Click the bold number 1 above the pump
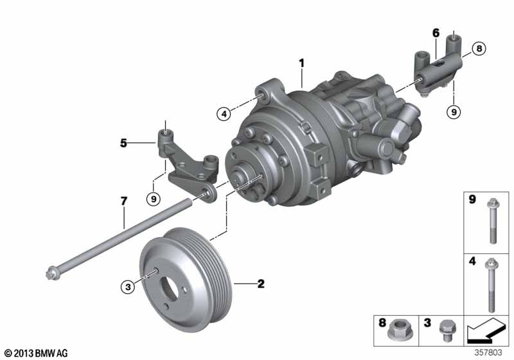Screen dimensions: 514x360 point(301,63)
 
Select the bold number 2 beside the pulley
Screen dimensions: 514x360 point(261,283)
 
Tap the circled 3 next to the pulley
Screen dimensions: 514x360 point(128,287)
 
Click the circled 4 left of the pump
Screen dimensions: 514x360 point(224,114)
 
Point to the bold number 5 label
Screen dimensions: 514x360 point(123,143)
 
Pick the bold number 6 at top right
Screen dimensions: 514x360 point(436,33)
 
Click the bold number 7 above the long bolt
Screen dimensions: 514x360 point(123,201)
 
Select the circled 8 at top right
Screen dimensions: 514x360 point(479,48)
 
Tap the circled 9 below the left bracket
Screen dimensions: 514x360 point(154,199)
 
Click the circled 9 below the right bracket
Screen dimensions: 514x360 point(454,112)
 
